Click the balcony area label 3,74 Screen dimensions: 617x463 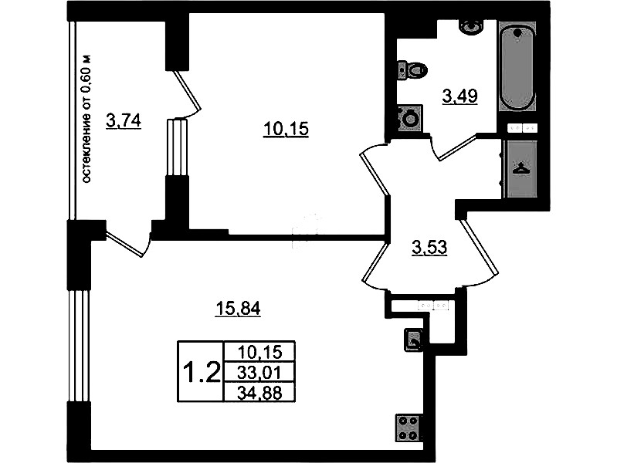coord(123,121)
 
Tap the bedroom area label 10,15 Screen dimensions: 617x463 coord(286,129)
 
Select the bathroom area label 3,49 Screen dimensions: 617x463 coord(459,96)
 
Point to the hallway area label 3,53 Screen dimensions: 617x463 coord(429,248)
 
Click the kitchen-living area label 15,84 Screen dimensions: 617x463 coord(238,309)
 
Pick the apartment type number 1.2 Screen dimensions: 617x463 coord(201,372)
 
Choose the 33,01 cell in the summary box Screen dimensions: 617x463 coord(259,372)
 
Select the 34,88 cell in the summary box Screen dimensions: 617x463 coord(259,392)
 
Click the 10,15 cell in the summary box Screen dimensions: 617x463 coord(259,351)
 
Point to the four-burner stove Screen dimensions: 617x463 coord(408,428)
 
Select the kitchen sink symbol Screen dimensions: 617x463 coord(413,340)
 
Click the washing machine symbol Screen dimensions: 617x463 coord(409,118)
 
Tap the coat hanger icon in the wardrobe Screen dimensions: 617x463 coord(520,169)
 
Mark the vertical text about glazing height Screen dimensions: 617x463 coord(87,118)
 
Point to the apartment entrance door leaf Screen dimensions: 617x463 coord(480,247)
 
